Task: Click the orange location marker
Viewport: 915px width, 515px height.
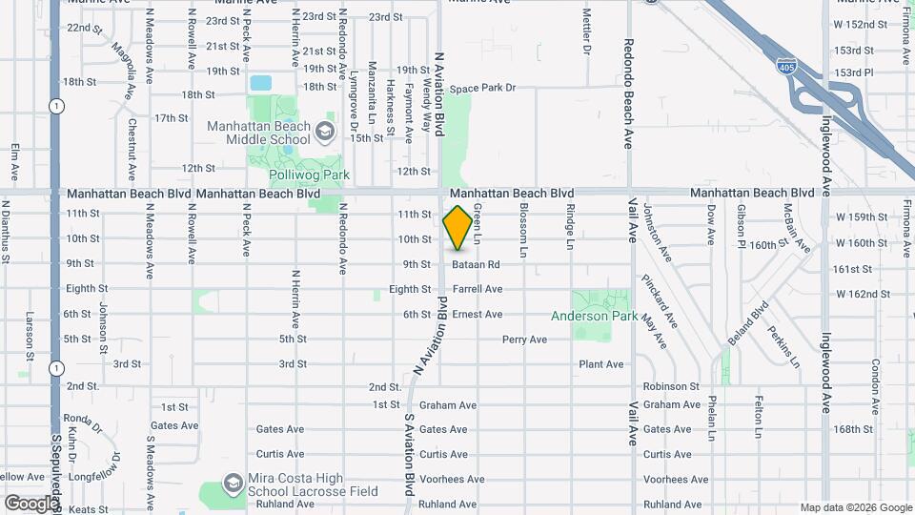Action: tap(457, 227)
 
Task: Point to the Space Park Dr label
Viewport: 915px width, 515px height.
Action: tap(482, 88)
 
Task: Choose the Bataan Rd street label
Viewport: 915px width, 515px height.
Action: tap(477, 264)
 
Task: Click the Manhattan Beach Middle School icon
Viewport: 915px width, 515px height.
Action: tap(325, 131)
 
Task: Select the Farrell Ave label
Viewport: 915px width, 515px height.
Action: tap(478, 289)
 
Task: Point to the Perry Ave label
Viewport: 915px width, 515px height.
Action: tap(524, 340)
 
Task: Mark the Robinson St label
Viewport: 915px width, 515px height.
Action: tap(671, 387)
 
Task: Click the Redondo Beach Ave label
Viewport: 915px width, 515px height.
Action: tap(628, 93)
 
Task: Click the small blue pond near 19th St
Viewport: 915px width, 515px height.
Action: tap(260, 83)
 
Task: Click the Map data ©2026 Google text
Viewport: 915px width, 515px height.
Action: tap(856, 508)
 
